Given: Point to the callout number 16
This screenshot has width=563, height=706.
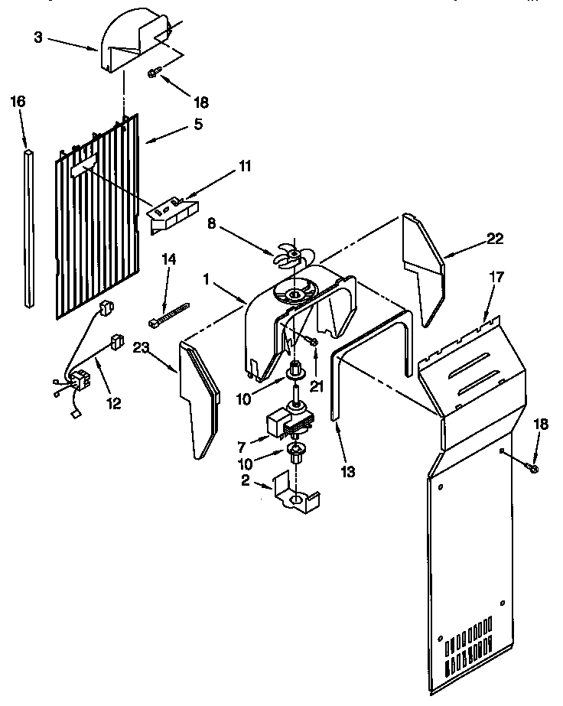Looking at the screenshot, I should pos(18,101).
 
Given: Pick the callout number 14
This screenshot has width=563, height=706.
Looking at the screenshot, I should pos(168,260).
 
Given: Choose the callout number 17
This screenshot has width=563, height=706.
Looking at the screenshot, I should pos(496,277).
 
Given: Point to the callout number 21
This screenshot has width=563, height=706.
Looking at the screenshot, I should pos(316,386).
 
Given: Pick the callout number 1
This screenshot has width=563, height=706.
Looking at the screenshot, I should pos(207,281).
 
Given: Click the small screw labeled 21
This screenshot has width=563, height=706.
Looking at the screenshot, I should pos(314,341).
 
